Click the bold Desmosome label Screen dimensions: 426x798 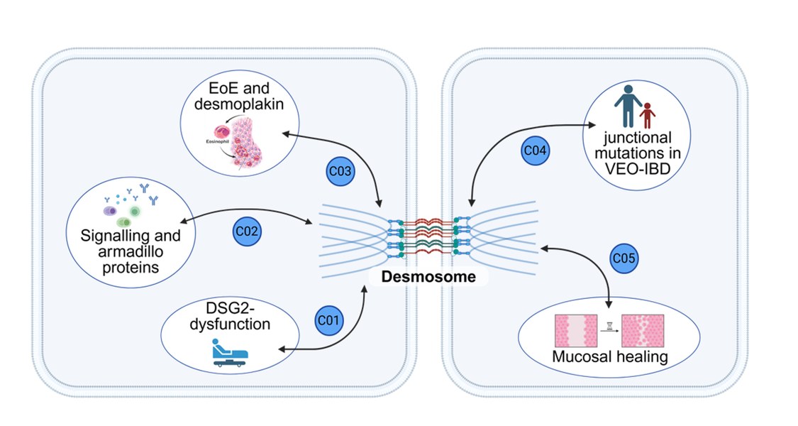coord(428,276)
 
